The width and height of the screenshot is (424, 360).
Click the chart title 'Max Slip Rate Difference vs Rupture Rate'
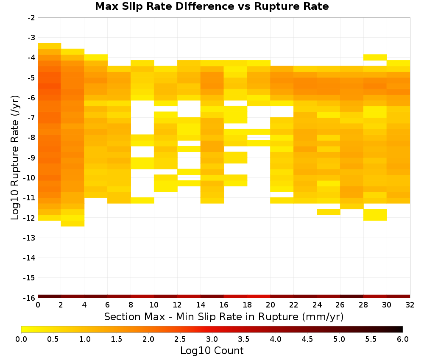(212, 6)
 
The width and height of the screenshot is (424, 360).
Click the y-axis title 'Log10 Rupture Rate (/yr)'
(15, 158)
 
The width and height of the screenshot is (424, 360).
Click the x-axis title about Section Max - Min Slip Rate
(224, 316)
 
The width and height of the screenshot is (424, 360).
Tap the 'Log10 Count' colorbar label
(212, 351)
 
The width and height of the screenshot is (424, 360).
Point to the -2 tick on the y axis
(31, 18)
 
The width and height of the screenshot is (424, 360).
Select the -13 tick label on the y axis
(30, 238)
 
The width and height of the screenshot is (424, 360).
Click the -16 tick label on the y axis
(30, 298)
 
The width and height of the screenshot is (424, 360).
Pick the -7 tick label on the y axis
(31, 118)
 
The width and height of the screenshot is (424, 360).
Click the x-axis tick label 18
(247, 305)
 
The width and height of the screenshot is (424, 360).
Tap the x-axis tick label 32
(410, 305)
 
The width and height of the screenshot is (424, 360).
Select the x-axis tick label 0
(38, 305)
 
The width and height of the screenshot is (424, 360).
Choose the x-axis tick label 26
(340, 305)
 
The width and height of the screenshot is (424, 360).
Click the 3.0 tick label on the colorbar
(212, 339)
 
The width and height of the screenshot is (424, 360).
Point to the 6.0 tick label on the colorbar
(403, 339)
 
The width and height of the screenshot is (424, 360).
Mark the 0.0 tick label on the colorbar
(21, 339)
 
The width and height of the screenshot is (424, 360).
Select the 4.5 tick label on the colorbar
(307, 339)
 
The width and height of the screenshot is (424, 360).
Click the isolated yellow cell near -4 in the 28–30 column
(375, 57)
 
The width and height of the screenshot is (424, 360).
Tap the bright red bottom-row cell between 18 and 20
(259, 296)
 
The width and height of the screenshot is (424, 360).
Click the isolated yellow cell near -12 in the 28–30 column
(375, 215)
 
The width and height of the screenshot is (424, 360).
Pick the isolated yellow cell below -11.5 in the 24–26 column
(329, 212)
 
